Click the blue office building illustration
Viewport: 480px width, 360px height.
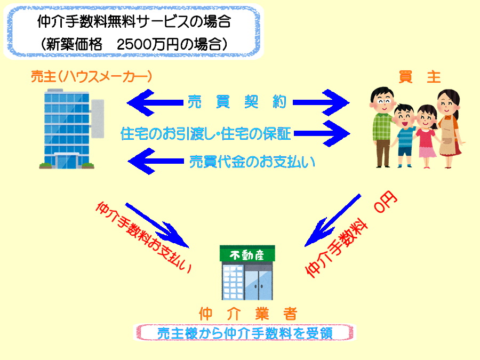(71, 129)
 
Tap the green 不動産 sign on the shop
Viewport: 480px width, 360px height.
(247, 254)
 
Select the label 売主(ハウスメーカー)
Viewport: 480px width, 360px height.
(91, 76)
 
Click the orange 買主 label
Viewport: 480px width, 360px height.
(420, 76)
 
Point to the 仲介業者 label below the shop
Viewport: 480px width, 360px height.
(248, 314)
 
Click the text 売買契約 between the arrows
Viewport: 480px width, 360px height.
(237, 102)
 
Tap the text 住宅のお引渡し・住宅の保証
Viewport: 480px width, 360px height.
(205, 133)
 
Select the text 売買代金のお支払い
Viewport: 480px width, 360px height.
(252, 162)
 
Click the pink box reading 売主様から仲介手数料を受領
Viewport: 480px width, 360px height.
(245, 333)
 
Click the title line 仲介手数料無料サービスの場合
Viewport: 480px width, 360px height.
(134, 21)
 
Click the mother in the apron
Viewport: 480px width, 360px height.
(450, 129)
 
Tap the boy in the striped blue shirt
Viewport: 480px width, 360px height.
(405, 135)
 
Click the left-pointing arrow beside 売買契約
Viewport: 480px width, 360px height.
(155, 102)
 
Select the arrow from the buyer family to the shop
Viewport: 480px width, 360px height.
(333, 220)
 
